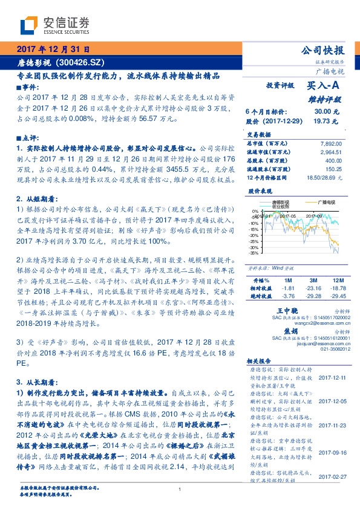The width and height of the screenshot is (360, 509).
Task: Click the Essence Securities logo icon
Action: tap(30, 25)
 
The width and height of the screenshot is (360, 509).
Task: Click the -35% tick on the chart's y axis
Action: tap(254, 253)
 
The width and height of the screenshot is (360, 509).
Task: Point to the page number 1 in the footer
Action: tap(180, 490)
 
